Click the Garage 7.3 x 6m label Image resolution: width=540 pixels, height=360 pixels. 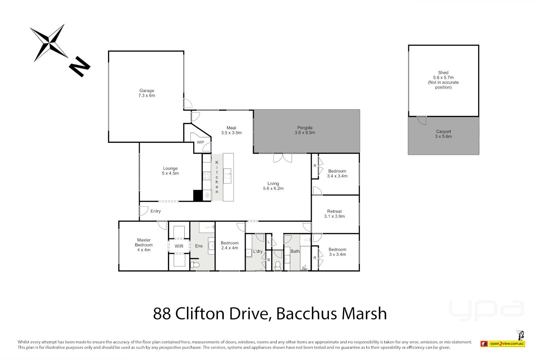pos(147,93)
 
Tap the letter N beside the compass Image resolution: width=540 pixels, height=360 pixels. pos(80,67)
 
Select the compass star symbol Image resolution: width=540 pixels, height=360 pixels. pos(49,43)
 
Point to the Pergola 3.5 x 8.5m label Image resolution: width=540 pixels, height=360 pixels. pos(305,130)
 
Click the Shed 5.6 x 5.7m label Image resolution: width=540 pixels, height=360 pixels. pos(443,80)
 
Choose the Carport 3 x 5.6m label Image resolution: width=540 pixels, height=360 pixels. pos(443,134)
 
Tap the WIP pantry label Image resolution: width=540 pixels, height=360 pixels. pos(200,142)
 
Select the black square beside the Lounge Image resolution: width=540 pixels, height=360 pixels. pos(198,196)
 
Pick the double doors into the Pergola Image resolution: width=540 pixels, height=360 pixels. pos(282,158)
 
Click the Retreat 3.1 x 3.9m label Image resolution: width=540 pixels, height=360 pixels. pos(334,214)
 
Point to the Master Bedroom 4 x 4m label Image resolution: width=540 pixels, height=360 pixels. pos(144,245)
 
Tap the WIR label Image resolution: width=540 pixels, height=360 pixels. pos(179,246)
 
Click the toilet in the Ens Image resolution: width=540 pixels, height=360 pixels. pos(195,265)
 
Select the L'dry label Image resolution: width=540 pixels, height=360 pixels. pos(258,251)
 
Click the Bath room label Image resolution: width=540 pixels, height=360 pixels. pos(295,251)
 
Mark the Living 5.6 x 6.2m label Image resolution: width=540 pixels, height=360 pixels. pos(273,186)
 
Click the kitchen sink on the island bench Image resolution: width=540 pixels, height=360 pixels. pos(227,176)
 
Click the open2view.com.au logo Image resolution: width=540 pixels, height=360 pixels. pos(507,343)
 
